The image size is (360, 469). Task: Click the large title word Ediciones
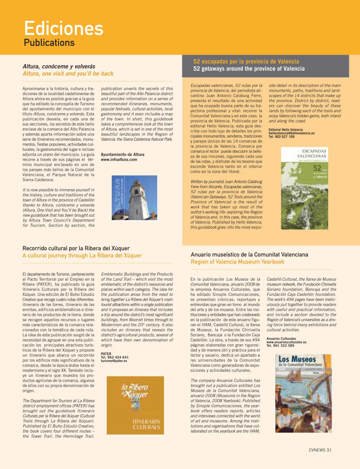click(x=64, y=28)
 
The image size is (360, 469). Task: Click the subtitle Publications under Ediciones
click(x=49, y=42)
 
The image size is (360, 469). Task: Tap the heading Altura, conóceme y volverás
click(x=59, y=66)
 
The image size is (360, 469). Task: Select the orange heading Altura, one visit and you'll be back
click(x=68, y=74)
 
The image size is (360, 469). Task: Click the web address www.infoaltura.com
click(x=119, y=160)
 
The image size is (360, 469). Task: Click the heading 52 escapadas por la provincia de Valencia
click(x=246, y=62)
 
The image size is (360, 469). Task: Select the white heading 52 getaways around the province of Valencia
click(x=249, y=69)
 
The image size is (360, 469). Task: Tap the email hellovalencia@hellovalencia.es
click(x=292, y=133)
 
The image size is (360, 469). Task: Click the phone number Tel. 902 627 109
click(x=282, y=137)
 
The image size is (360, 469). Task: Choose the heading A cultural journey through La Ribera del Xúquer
click(x=82, y=255)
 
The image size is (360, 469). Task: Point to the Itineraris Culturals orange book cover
click(x=135, y=405)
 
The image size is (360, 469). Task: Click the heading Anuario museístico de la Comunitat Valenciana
click(x=250, y=254)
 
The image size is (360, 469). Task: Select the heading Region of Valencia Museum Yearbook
click(x=238, y=262)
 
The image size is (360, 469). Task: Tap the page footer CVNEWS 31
click(x=320, y=450)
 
